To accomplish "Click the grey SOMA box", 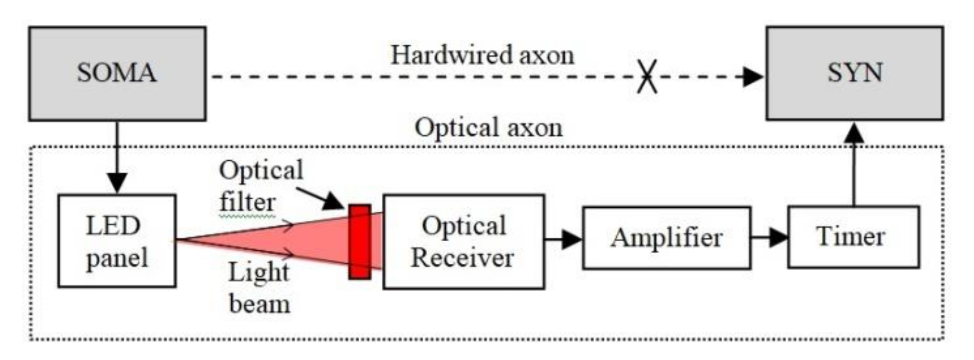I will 117,73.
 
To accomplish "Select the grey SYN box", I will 855,73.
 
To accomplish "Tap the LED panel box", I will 117,241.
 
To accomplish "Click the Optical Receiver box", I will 464,242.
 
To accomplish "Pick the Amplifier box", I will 666,238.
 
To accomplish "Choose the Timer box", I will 853,237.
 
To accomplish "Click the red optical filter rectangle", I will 360,242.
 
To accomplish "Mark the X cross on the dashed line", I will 647,77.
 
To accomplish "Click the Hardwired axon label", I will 482,55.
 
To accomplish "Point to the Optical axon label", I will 488,128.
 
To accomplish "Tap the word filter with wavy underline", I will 248,202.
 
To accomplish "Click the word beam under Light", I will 260,304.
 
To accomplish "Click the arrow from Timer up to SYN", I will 853,163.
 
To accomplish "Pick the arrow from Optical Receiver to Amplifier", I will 564,238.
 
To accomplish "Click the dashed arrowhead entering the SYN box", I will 753,77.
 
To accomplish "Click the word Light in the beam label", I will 259,273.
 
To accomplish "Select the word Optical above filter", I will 261,170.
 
